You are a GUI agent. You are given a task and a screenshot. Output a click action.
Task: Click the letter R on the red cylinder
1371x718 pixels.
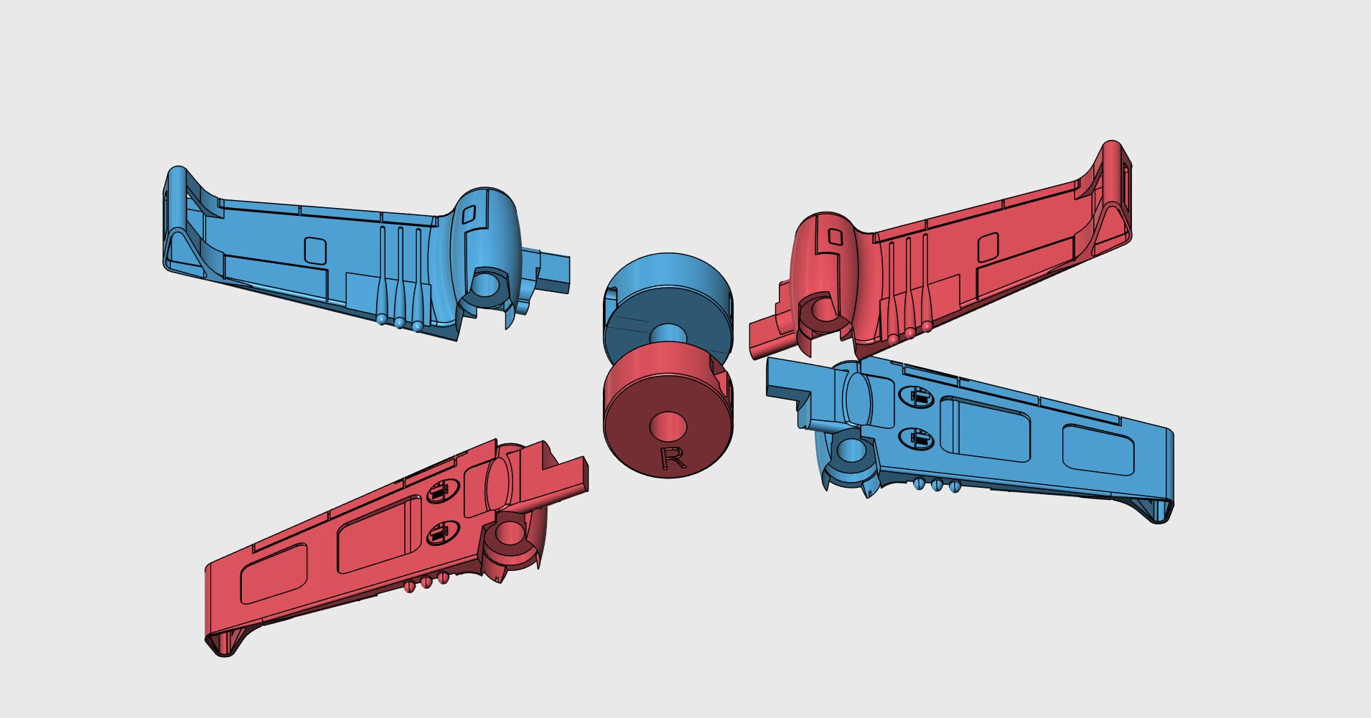pyautogui.click(x=672, y=458)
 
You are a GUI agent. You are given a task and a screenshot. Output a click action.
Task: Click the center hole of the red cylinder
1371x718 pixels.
pyautogui.click(x=668, y=425)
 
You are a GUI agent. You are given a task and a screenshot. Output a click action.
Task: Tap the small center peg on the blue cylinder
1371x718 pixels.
pyautogui.click(x=668, y=333)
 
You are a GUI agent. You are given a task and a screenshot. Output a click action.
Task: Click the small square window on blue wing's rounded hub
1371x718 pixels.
pyautogui.click(x=469, y=213)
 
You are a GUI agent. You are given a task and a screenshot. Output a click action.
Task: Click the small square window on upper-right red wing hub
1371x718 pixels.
pyautogui.click(x=835, y=235)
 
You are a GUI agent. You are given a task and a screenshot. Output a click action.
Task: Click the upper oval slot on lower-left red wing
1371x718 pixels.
pyautogui.click(x=440, y=491)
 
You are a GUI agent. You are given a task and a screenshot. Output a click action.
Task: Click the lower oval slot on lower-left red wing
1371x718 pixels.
pyautogui.click(x=439, y=534)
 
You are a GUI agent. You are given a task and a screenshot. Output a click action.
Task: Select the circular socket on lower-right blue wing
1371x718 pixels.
pyautogui.click(x=851, y=450)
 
